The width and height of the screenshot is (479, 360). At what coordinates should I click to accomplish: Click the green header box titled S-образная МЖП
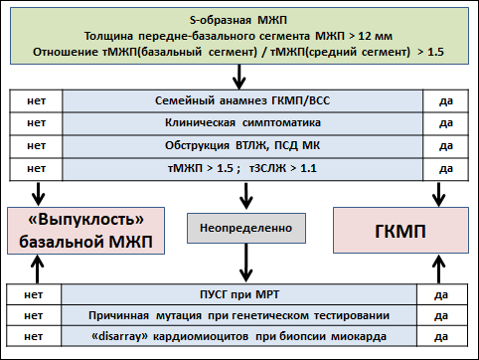[x=239, y=36]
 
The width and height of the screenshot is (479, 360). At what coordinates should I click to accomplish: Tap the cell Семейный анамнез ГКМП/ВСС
[x=242, y=100]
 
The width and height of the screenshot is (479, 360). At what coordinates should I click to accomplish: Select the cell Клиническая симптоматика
[x=242, y=123]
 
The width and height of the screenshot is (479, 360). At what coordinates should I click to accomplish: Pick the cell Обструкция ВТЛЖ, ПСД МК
[x=242, y=146]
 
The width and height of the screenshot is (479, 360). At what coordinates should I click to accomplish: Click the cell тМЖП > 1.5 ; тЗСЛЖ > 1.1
[x=242, y=169]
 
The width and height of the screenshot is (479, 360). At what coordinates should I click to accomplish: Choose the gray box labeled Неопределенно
[x=246, y=228]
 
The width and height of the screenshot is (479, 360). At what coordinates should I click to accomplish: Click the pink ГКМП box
[x=400, y=231]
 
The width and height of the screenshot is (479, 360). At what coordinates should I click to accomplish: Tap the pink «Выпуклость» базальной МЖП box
[x=85, y=231]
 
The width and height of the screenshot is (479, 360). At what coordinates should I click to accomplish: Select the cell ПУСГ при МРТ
[x=239, y=294]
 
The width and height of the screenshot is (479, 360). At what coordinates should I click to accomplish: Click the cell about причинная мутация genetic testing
[x=239, y=315]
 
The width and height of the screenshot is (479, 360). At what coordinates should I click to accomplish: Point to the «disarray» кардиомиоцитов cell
[x=239, y=336]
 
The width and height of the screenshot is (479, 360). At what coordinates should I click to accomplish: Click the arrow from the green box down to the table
[x=239, y=77]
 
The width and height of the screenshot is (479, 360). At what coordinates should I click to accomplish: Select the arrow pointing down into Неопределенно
[x=245, y=196]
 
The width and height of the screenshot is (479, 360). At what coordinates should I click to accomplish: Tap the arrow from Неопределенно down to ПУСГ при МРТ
[x=245, y=263]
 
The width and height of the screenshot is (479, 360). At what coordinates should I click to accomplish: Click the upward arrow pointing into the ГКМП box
[x=439, y=270]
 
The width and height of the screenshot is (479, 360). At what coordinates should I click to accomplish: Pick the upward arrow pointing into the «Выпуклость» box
[x=38, y=270]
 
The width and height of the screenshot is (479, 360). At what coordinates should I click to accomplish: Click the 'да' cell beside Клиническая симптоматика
[x=446, y=123]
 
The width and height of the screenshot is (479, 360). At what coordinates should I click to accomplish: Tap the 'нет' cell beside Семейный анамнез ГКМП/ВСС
[x=36, y=100]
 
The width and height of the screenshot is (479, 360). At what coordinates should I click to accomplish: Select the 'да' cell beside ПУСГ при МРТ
[x=442, y=294]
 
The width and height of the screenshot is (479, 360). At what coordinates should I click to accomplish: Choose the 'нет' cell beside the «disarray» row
[x=34, y=336]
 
